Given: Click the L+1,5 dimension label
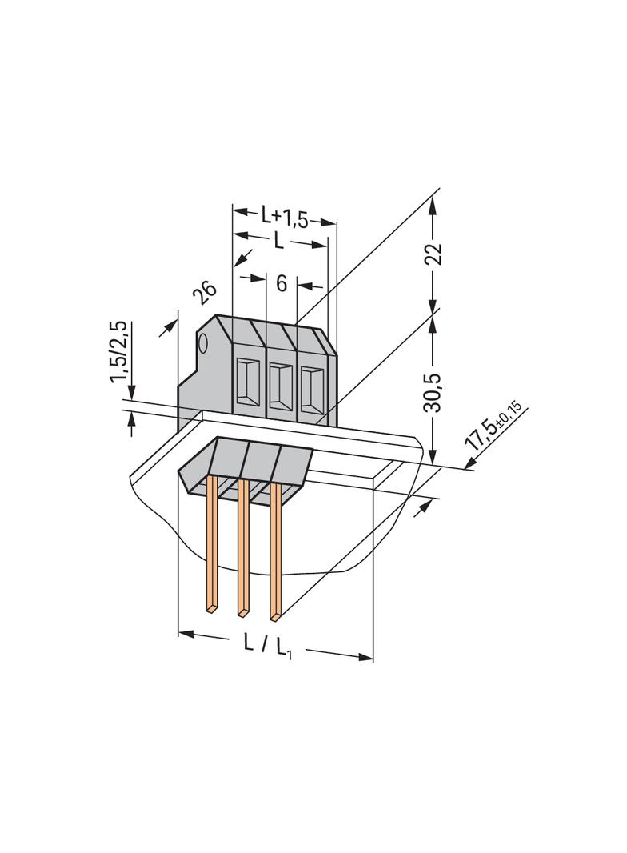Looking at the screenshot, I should [x=284, y=216].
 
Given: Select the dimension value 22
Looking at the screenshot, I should [x=433, y=254].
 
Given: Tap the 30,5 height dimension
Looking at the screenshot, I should [x=433, y=390].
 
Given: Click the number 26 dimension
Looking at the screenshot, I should [x=205, y=294].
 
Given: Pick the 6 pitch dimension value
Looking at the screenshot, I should [x=281, y=282].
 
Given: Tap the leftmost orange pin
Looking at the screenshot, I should [x=213, y=544].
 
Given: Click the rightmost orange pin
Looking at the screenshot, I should [x=275, y=552].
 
